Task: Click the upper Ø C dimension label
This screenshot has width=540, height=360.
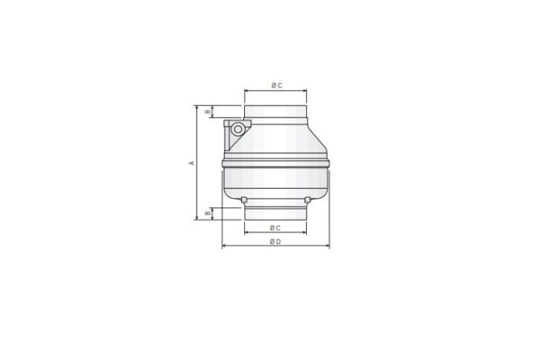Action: (x=276, y=85)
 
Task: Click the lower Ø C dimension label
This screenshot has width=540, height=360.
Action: (x=276, y=229)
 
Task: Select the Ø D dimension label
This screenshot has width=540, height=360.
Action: (x=276, y=242)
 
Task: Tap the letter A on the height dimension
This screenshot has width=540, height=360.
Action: (x=192, y=163)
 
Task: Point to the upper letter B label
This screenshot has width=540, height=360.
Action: (x=208, y=112)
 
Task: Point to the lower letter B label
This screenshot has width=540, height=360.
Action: (x=208, y=212)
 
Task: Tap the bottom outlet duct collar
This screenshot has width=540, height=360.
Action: (x=276, y=212)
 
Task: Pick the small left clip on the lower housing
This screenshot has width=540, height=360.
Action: (x=243, y=197)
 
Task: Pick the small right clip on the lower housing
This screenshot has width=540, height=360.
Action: (x=308, y=197)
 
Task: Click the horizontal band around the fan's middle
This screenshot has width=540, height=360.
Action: (x=276, y=165)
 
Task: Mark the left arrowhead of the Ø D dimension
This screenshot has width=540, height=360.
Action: (x=224, y=247)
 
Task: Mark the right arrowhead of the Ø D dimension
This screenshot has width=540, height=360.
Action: (x=328, y=247)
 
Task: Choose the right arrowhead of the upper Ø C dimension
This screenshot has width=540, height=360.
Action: (x=305, y=91)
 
